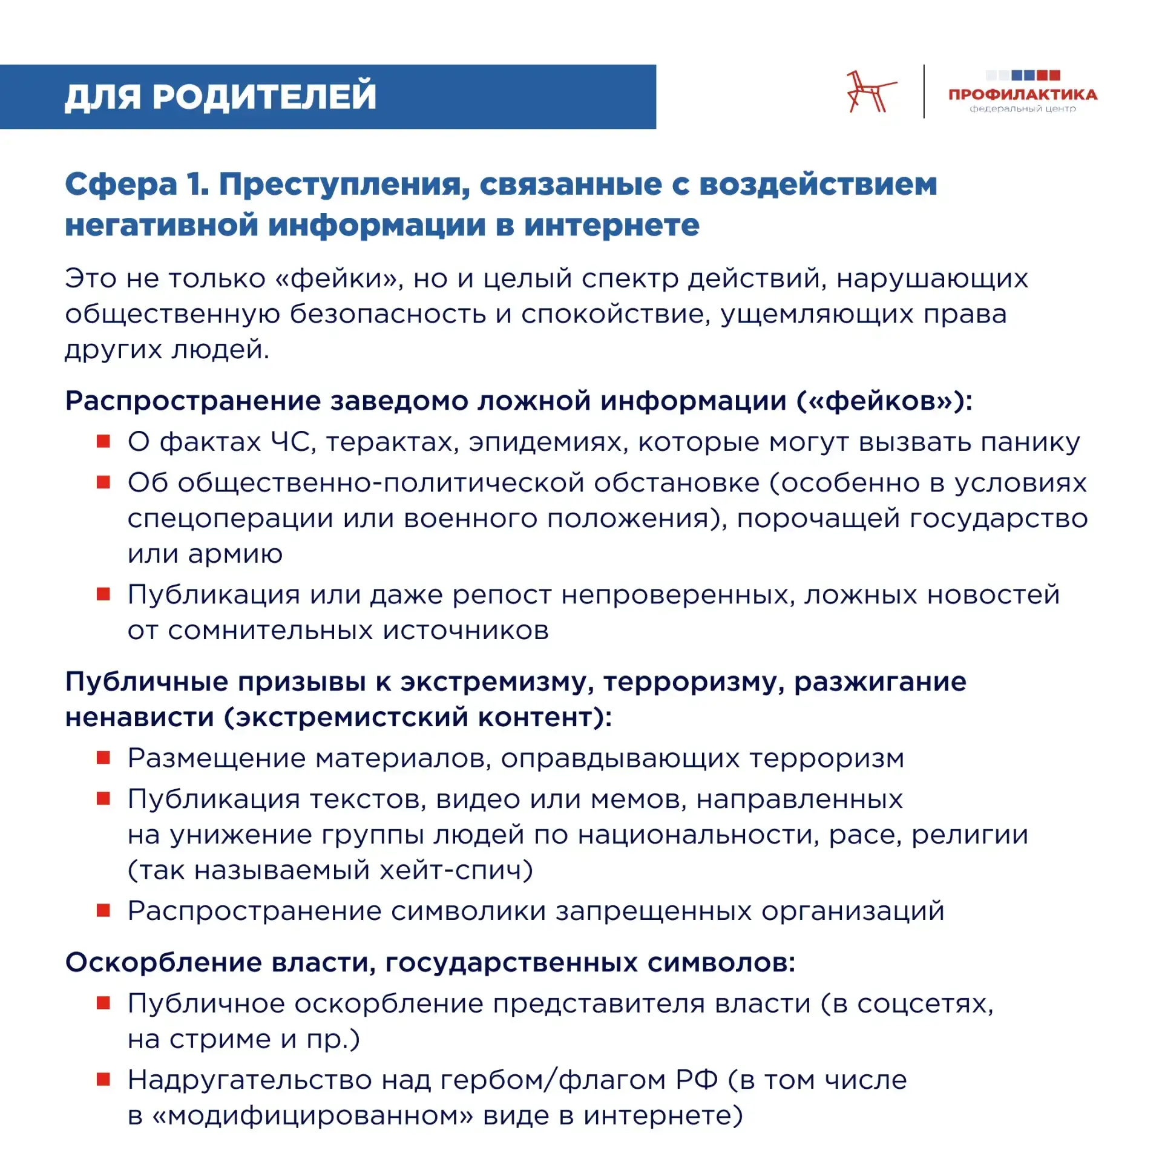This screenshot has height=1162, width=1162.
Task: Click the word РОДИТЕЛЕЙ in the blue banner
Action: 264,96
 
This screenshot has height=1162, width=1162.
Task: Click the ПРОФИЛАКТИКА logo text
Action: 1022,94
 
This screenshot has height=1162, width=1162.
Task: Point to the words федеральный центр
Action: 1022,109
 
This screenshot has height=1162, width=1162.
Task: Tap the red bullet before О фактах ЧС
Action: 103,441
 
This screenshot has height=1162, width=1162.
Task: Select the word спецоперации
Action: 230,519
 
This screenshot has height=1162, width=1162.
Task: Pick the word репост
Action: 502,595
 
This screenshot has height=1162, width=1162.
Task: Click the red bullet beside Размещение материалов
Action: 103,757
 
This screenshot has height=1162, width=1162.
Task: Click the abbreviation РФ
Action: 697,1080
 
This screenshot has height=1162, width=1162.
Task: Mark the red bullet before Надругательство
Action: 103,1079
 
